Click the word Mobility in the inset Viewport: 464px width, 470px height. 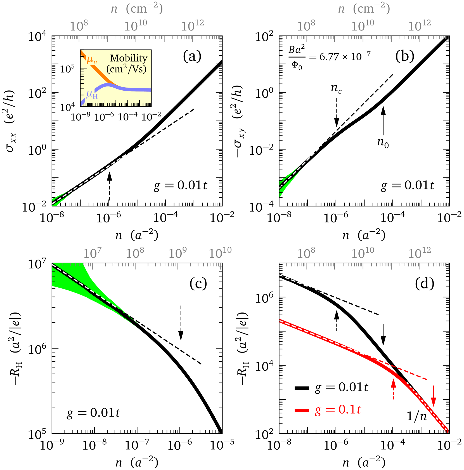[129, 58]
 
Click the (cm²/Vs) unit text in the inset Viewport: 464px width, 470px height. [126, 69]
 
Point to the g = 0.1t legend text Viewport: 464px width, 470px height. [338, 410]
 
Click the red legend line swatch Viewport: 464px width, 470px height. [302, 410]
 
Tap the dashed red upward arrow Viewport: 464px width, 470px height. [393, 389]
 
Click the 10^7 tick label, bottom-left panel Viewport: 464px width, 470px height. [93, 253]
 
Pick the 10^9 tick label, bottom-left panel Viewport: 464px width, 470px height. [177, 253]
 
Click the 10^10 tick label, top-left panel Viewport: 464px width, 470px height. [136, 26]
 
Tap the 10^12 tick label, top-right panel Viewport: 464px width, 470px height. [419, 26]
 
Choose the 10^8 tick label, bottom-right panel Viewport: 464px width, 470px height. [306, 253]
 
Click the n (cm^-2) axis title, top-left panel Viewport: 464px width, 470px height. [137, 9]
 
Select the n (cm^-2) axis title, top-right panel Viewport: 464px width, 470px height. [364, 9]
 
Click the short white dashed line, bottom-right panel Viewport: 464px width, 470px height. [293, 281]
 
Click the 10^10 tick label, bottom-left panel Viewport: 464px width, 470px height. [220, 253]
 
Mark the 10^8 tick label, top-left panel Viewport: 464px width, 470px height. [79, 26]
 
